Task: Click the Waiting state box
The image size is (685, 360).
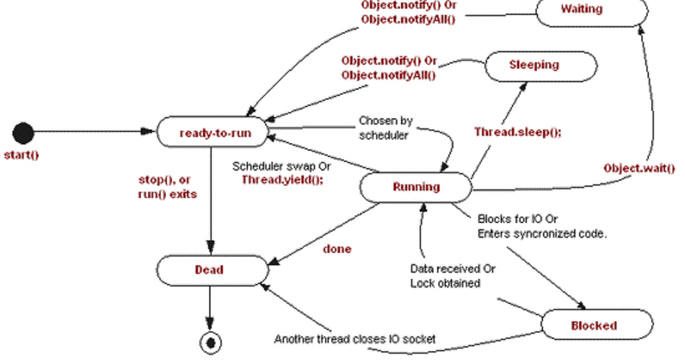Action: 581,11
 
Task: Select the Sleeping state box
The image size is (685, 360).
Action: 534,65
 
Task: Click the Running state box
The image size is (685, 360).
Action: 415,187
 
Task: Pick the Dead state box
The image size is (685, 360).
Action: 209,270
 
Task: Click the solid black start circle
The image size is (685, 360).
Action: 24,132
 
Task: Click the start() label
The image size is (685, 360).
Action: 21,155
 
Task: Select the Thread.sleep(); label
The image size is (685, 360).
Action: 517,132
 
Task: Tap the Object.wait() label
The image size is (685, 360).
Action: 639,168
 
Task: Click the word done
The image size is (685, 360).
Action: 337,249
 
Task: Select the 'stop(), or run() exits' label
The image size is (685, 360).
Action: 167,187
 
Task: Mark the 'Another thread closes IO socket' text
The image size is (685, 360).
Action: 355,339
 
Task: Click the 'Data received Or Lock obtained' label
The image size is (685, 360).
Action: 453,276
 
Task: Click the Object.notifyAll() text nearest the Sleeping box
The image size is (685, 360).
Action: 388,75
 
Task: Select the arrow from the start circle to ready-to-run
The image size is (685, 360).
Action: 93,131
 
